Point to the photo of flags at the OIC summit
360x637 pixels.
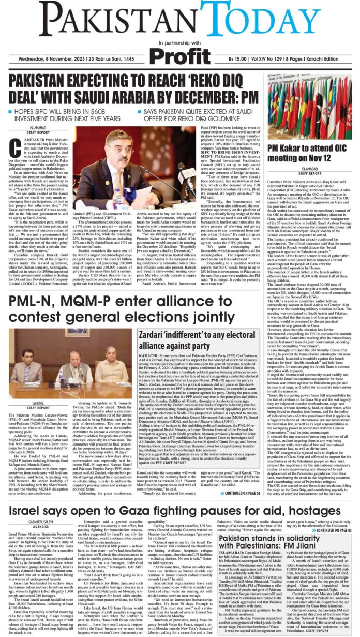point(309,106)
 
